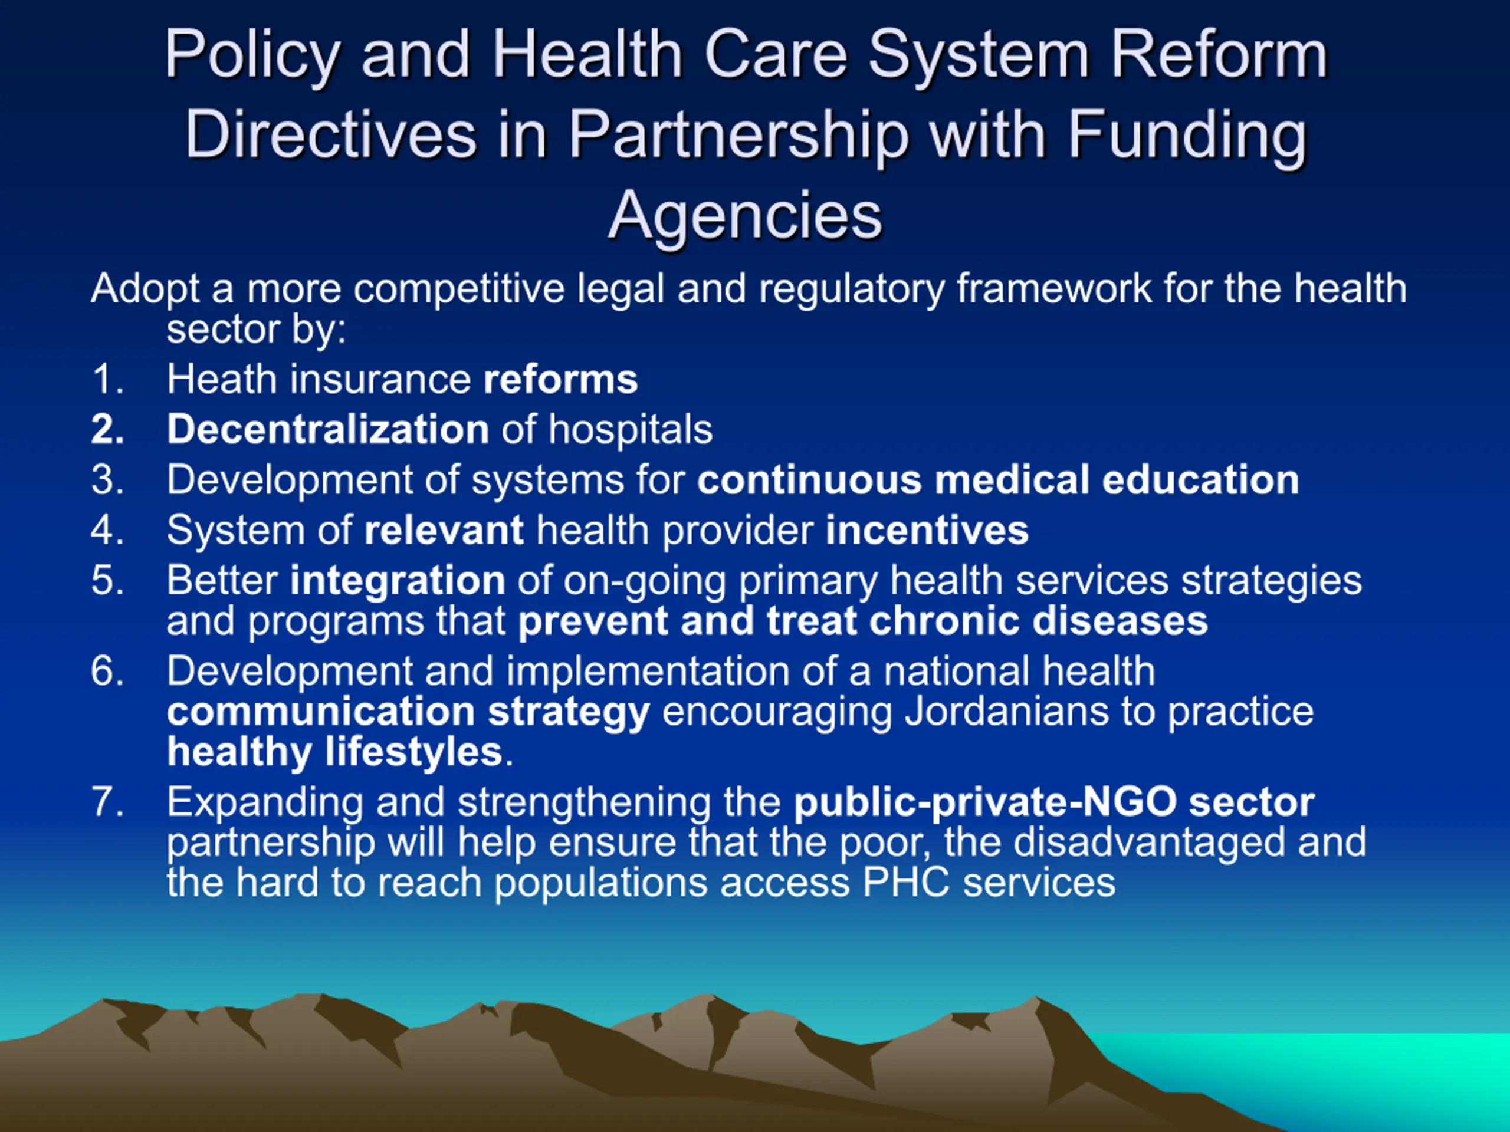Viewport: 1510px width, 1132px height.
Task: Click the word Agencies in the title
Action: (x=746, y=218)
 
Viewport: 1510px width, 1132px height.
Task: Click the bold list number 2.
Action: (x=108, y=429)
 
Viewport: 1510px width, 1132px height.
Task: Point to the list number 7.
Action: (x=108, y=802)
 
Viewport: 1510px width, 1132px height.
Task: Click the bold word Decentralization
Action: (x=329, y=429)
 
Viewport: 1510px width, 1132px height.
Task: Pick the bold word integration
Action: (x=398, y=581)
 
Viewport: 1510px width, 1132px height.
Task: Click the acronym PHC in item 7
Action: (x=906, y=882)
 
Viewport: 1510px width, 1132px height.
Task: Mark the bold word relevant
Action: (x=444, y=530)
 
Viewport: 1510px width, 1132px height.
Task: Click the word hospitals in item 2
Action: (x=631, y=430)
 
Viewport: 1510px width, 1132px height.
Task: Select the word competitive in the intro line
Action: (x=459, y=289)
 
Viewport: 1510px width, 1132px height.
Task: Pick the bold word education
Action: (x=1200, y=480)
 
